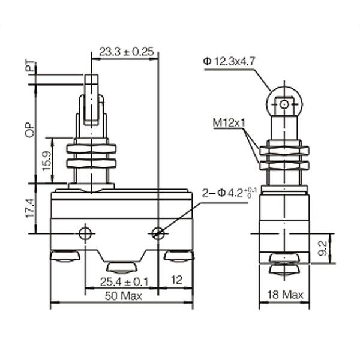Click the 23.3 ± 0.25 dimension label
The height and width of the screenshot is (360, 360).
pyautogui.click(x=126, y=52)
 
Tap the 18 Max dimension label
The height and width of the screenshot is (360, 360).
pyautogui.click(x=285, y=296)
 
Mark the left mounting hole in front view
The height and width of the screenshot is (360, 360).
pyautogui.click(x=86, y=233)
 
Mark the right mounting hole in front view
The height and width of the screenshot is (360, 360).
pyautogui.click(x=158, y=233)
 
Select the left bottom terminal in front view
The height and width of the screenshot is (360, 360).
pyautogui.click(x=65, y=257)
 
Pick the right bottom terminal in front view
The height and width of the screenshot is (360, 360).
pyautogui.click(x=179, y=257)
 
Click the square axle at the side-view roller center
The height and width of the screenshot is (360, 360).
pyautogui.click(x=284, y=105)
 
